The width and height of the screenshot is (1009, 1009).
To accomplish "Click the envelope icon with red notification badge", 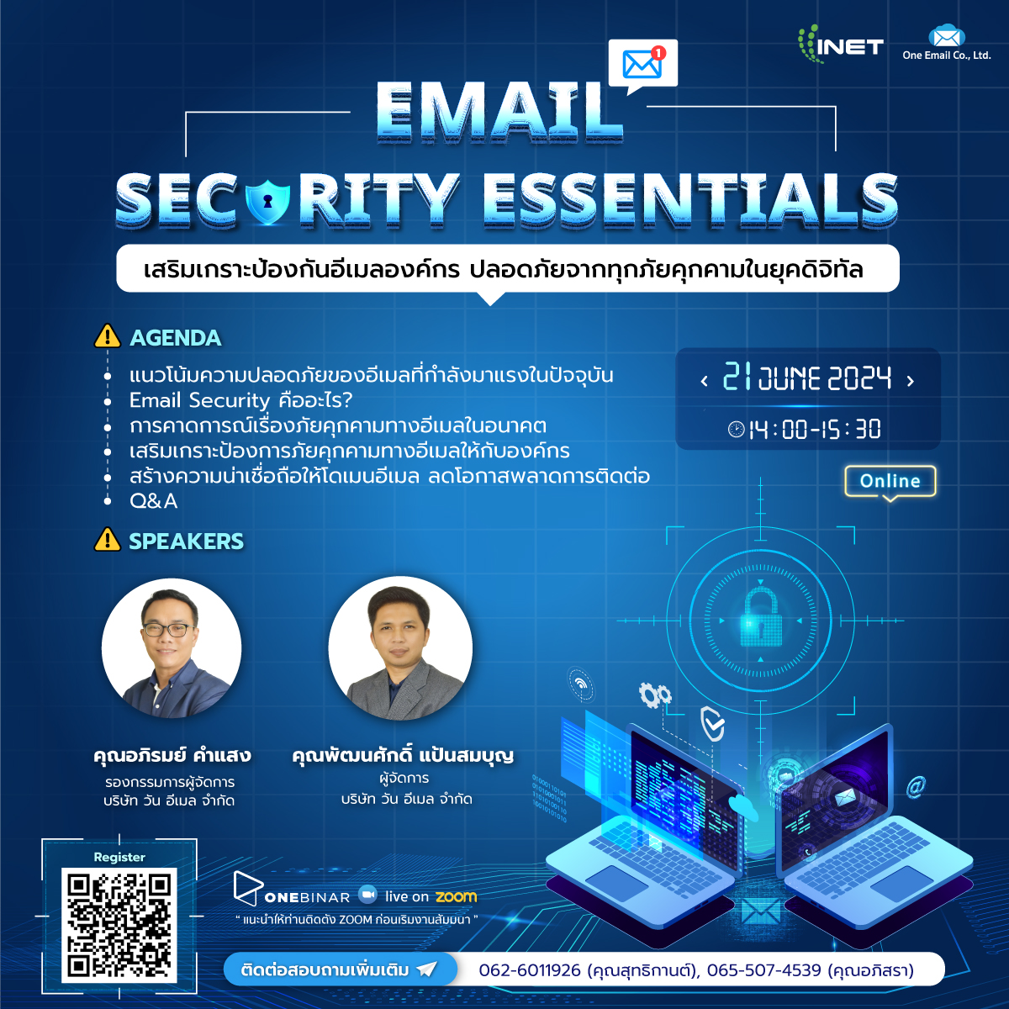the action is click(x=642, y=64).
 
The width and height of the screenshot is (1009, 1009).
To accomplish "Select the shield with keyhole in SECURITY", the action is click(x=267, y=201).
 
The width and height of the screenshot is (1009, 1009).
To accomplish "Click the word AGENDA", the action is click(x=176, y=338).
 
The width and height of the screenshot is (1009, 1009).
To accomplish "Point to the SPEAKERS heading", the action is click(x=187, y=541).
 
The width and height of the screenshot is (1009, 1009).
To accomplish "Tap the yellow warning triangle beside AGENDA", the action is click(x=108, y=335).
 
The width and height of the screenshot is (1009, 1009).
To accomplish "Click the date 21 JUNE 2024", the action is click(x=807, y=378).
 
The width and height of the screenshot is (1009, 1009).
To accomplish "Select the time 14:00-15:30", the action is click(x=814, y=430).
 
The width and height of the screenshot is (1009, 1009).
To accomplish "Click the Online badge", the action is click(x=890, y=481).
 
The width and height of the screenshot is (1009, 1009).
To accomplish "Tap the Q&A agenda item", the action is click(x=153, y=501).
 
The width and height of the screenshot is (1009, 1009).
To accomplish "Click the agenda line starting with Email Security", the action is click(x=240, y=400).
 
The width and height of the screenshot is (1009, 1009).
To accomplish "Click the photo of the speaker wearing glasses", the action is click(x=172, y=647).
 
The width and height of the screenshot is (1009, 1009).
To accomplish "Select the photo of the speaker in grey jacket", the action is click(x=400, y=647).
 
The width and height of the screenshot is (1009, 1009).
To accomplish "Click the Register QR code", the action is click(x=119, y=925).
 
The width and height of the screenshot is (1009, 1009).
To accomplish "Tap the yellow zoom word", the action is click(x=456, y=897).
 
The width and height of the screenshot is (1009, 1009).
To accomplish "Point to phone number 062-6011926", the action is click(x=530, y=970).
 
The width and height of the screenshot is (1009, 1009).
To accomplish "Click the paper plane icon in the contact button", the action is click(x=426, y=969).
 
